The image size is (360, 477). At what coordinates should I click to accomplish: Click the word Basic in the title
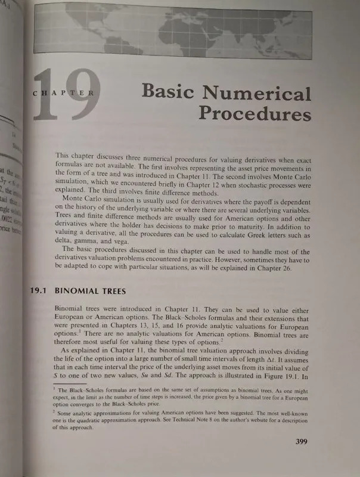pos(173,94)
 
